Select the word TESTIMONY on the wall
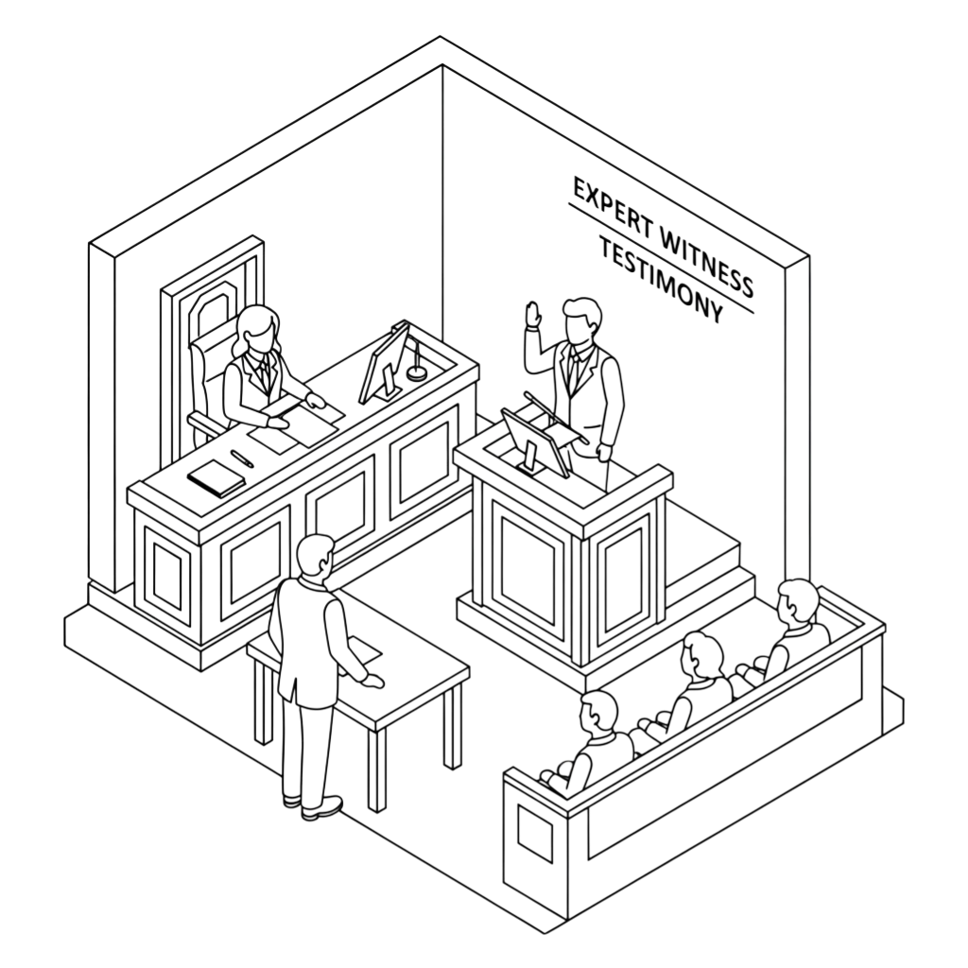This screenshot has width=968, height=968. [x=661, y=282]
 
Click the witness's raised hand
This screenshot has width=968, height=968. [x=533, y=315]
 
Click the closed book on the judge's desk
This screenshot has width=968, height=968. [x=216, y=477]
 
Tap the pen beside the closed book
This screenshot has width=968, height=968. [x=242, y=458]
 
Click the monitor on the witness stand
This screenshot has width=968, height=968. [x=535, y=443]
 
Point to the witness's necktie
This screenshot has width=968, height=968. [x=573, y=371]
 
